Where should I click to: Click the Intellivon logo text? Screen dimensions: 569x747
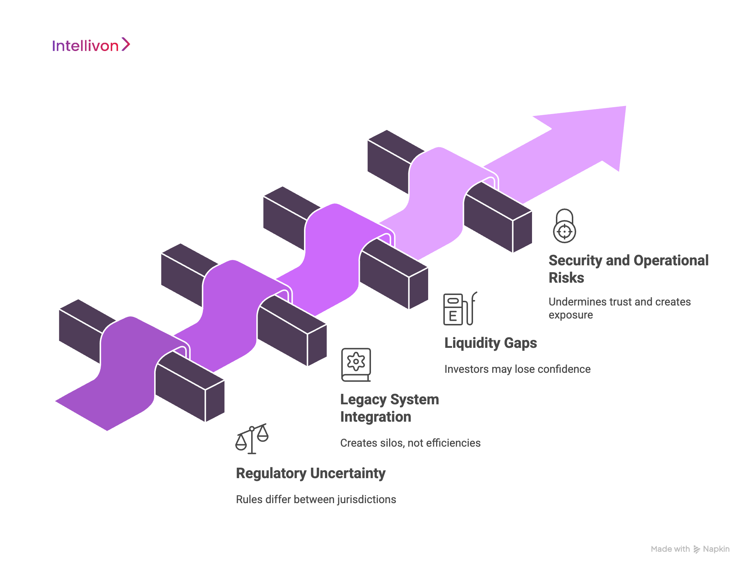(85, 46)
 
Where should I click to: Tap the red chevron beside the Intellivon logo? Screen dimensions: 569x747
(126, 45)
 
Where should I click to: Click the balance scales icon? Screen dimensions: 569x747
(252, 438)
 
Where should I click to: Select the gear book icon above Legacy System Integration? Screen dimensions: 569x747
(356, 364)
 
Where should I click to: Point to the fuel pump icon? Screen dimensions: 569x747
(460, 309)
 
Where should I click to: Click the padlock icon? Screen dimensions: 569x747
(564, 226)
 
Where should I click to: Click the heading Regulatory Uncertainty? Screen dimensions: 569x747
(311, 473)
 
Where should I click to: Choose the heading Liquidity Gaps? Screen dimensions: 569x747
(490, 343)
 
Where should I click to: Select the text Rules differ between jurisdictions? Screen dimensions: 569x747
(316, 500)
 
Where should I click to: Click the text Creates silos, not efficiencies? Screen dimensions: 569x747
(410, 443)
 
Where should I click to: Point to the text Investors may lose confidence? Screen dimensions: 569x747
(517, 369)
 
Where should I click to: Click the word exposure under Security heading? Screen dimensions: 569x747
(570, 315)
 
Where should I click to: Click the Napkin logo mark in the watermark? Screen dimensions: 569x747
(696, 549)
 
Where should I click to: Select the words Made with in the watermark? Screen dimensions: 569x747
(670, 549)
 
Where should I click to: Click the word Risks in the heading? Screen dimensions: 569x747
(566, 278)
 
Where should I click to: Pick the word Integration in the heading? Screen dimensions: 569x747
(375, 417)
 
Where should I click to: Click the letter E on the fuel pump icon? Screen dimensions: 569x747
(452, 316)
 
